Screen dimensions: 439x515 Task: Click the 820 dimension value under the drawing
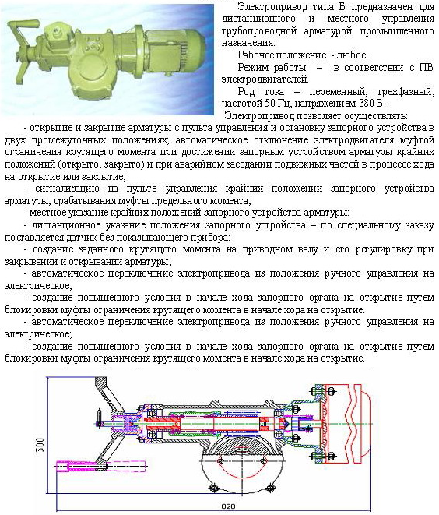[x=228, y=506]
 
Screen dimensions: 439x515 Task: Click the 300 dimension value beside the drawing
[x=40, y=445]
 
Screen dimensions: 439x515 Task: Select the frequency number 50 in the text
[x=269, y=104]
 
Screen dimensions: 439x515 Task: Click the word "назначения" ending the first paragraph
[x=248, y=43]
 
